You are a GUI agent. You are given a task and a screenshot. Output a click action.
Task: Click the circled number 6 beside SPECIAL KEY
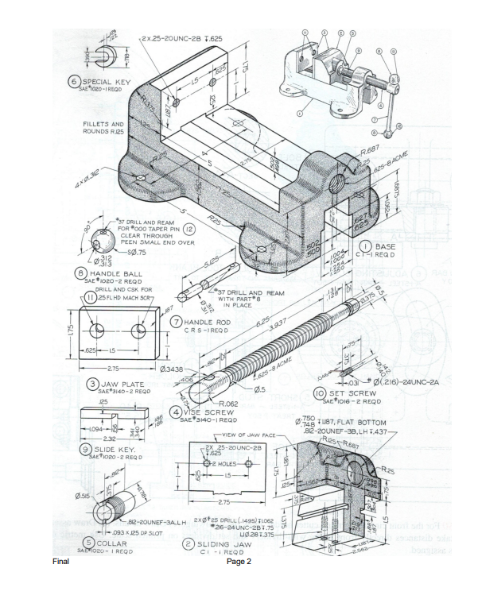pyautogui.click(x=74, y=82)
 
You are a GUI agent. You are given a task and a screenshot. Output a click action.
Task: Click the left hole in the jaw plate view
pyautogui.click(x=95, y=330)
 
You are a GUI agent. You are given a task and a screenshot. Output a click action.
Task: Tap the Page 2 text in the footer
pyautogui.click(x=239, y=561)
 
